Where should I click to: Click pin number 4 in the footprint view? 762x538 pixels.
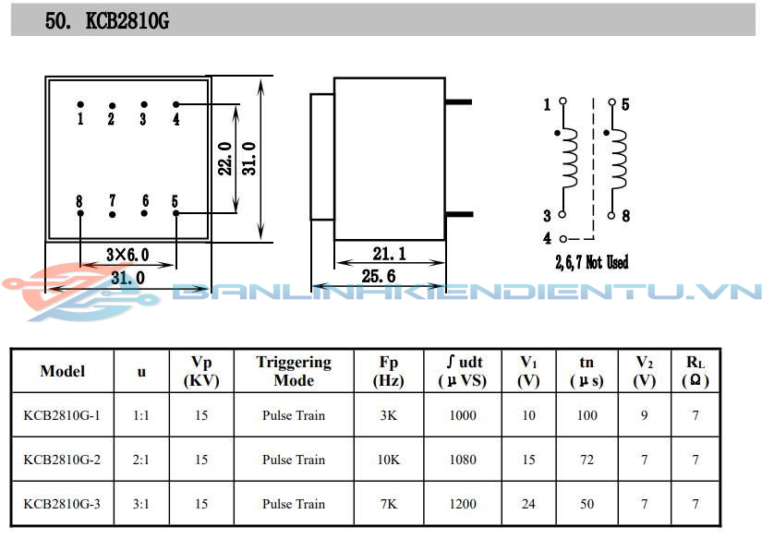point(175,119)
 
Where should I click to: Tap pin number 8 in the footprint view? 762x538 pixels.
point(80,201)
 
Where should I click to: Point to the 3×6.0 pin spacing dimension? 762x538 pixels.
point(127,255)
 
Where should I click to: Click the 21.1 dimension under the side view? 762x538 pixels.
point(389,254)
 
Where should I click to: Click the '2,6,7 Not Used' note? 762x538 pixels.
point(591,263)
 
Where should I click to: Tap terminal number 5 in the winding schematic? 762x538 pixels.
point(625,105)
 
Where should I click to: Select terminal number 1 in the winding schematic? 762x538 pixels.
point(547,105)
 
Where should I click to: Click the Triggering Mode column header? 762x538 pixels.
point(294,371)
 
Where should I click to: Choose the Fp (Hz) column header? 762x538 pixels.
point(389,371)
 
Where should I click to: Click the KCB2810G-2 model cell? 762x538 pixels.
point(61,460)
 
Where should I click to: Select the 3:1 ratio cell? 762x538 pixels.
point(141,504)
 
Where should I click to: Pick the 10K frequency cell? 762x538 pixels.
point(389,460)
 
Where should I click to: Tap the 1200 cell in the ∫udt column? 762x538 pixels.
point(463,504)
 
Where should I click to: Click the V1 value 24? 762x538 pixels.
point(528,504)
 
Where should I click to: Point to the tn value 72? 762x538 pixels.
point(587,460)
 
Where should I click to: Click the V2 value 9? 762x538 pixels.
point(645,415)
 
